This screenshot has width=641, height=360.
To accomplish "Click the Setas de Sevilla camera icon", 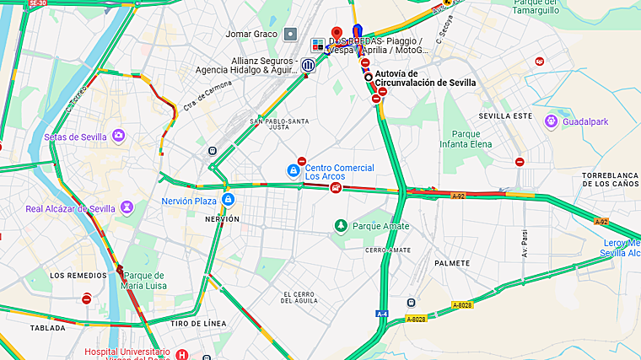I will (x=119, y=136).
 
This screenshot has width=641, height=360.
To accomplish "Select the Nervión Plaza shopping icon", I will (x=228, y=200).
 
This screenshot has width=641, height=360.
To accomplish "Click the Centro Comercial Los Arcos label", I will (x=339, y=172).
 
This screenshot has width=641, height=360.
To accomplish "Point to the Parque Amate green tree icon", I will (x=341, y=225).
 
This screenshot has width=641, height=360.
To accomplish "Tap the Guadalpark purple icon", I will (x=551, y=121).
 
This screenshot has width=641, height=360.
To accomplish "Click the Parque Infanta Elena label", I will (x=466, y=138).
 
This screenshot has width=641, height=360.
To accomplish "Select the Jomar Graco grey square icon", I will (x=291, y=34).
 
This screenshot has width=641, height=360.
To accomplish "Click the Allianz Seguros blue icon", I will (x=309, y=65).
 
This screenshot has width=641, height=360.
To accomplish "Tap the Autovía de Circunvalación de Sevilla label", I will (x=424, y=78).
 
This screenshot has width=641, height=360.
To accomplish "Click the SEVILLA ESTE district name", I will (x=505, y=115).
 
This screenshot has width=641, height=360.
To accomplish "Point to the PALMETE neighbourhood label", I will (x=452, y=263).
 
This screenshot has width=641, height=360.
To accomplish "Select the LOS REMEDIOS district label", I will (x=78, y=275).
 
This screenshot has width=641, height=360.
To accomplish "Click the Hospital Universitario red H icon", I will (x=182, y=354).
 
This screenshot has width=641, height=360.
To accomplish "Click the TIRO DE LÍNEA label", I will (x=197, y=324).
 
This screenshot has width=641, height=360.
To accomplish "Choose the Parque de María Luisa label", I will (x=143, y=281).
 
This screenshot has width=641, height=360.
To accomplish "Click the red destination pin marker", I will (x=337, y=33).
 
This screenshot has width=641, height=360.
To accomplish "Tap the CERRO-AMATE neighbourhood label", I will (x=388, y=250).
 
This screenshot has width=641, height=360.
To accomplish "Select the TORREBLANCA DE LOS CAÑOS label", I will (x=611, y=179).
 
